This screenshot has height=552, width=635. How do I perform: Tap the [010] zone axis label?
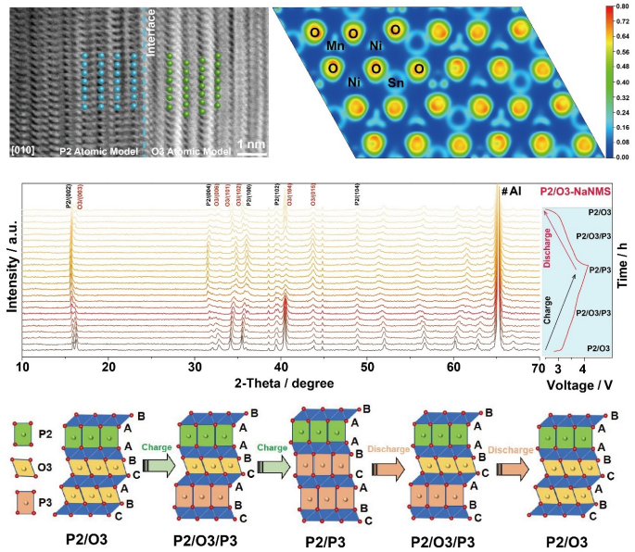21,149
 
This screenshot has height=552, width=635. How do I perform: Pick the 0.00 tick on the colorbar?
612,158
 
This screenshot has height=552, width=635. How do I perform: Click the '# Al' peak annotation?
511,191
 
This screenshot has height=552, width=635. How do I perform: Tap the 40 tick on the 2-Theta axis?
282,368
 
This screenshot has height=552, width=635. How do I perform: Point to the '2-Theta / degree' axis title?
282,382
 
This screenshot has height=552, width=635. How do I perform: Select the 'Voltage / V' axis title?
580,382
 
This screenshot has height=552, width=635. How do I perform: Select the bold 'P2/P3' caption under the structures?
318,540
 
